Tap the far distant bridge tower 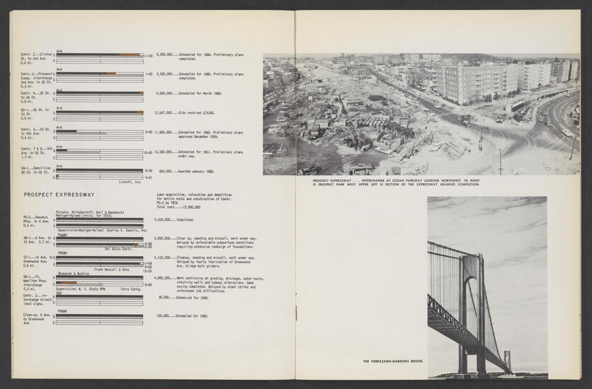(507, 359)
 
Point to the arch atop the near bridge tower (470, 259)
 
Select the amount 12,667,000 (165, 112)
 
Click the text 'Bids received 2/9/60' (198, 112)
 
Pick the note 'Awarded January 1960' (196, 171)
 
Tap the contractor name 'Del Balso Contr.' (118, 249)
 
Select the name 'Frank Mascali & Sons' (112, 269)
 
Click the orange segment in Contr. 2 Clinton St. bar (130, 54)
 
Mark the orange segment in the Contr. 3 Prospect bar (110, 74)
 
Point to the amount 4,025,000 (165, 220)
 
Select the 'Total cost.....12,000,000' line (178, 207)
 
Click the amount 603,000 (167, 171)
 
